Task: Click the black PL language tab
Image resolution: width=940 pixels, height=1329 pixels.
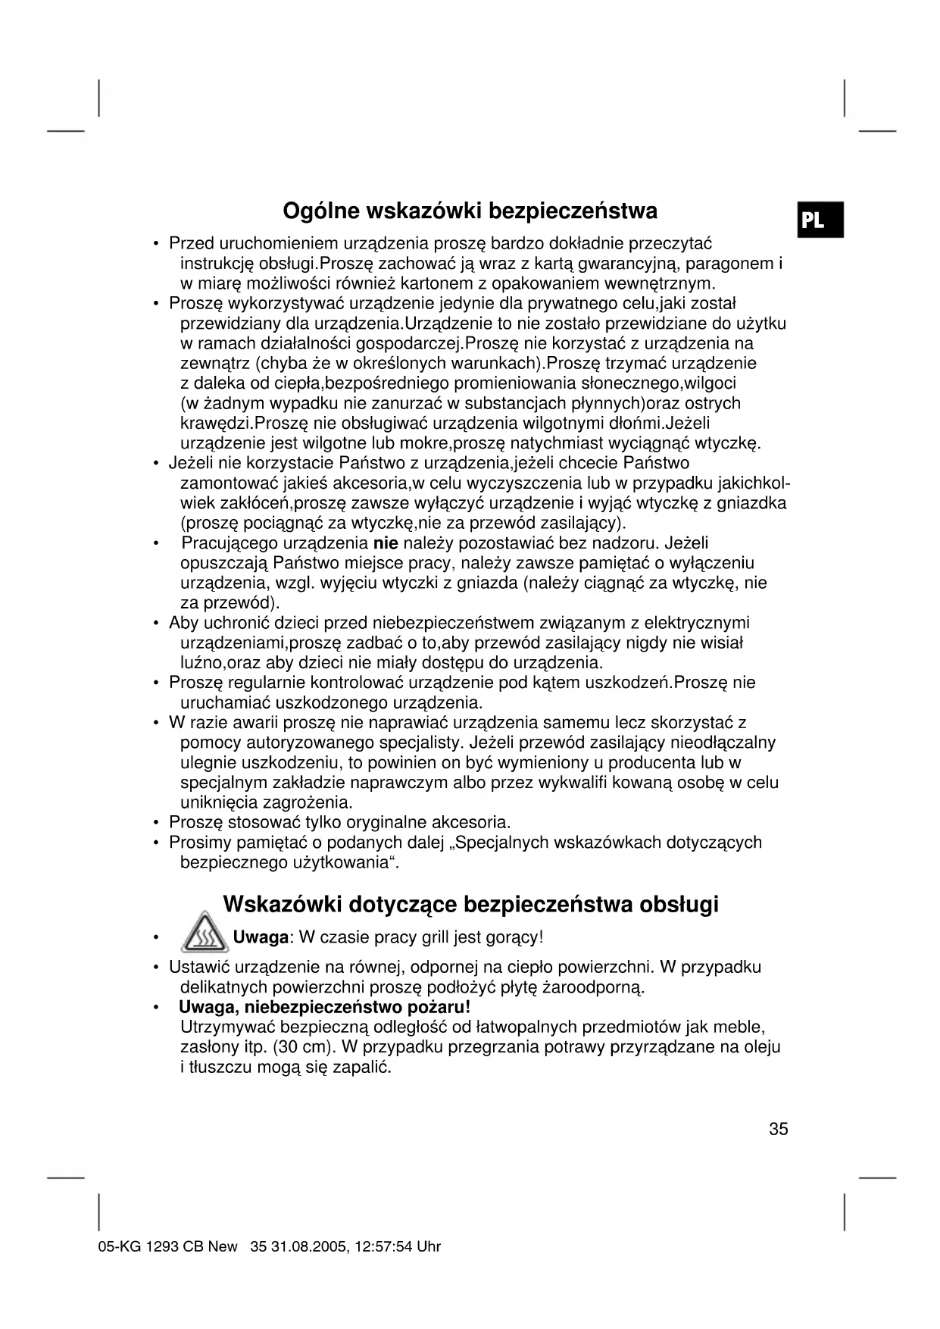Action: (820, 220)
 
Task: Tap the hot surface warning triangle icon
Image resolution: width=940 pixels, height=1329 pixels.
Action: (205, 934)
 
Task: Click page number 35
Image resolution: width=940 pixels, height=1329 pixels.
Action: (778, 1129)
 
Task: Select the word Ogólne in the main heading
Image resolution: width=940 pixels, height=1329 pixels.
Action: (320, 210)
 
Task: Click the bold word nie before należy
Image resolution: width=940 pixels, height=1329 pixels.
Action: (386, 543)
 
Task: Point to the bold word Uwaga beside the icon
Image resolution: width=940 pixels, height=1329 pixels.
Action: (261, 937)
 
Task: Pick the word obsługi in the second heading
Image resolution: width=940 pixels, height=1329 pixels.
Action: (679, 904)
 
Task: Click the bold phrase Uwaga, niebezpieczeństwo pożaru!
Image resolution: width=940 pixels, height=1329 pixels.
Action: (324, 1008)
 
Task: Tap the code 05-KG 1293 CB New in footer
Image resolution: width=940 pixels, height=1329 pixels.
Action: (167, 1246)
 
